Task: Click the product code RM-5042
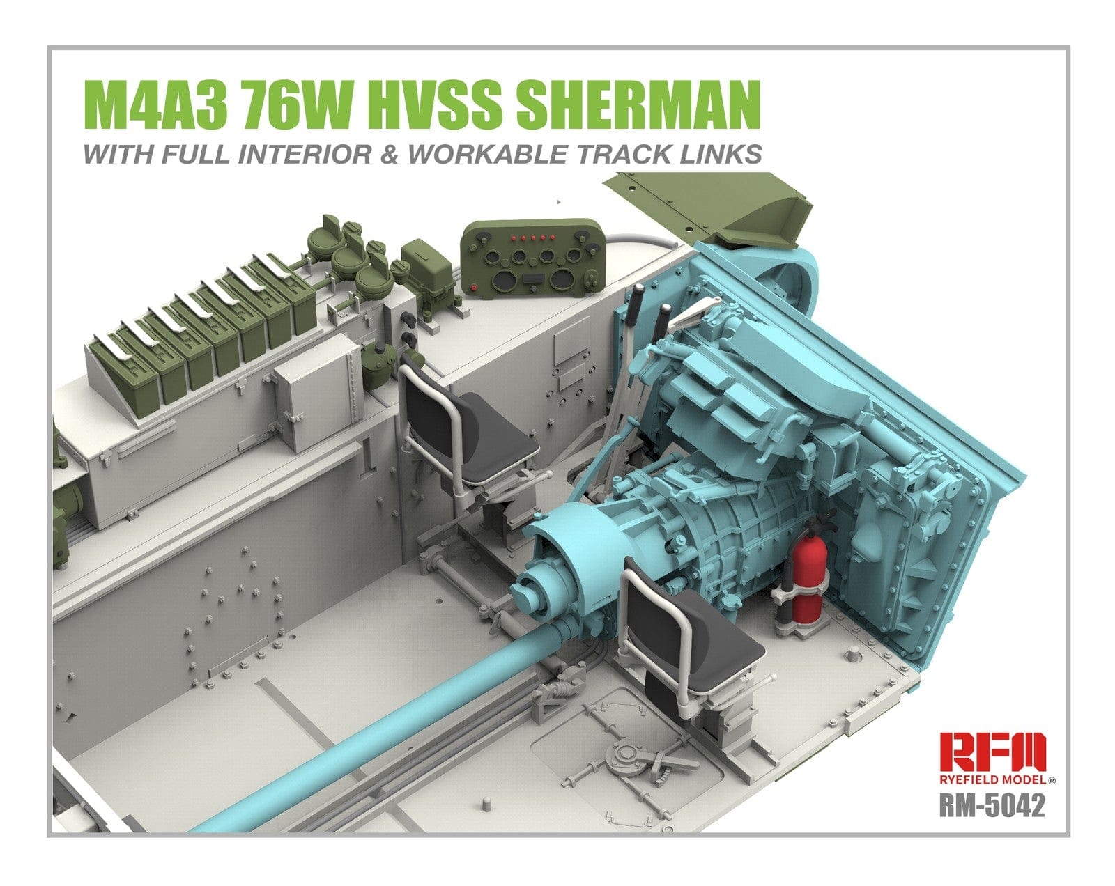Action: (x=992, y=806)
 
